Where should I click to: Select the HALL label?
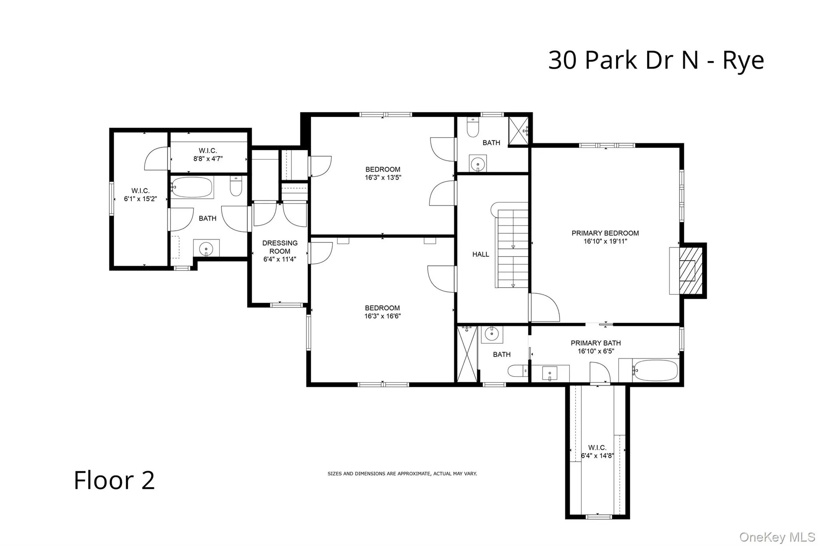480,254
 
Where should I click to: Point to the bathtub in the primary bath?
655,370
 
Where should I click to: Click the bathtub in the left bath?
192,187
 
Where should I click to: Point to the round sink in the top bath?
478,164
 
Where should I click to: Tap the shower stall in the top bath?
519,130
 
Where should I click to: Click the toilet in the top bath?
473,128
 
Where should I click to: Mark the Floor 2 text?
114,480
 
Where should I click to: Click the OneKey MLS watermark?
776,537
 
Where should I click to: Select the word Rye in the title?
743,61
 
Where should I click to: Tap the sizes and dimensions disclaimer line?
402,474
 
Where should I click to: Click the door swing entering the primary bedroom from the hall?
545,307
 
